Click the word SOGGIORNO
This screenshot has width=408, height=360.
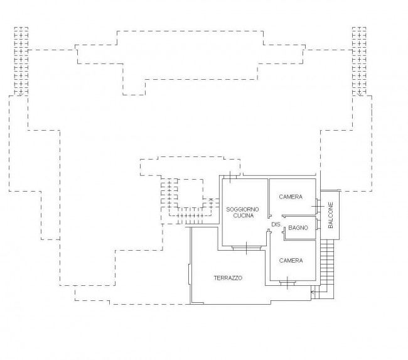click(x=242, y=209)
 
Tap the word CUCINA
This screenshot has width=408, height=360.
click(x=243, y=215)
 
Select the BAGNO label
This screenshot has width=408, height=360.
click(x=298, y=227)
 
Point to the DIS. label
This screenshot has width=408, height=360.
click(x=276, y=224)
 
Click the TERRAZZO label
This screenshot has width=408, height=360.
click(x=228, y=278)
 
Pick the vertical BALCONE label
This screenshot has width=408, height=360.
click(x=330, y=215)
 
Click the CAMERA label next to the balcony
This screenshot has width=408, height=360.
click(x=291, y=197)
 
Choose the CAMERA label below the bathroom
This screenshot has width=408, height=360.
click(x=291, y=261)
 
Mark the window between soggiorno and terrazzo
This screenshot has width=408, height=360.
click(x=247, y=248)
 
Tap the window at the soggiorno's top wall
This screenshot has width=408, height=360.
click(x=230, y=177)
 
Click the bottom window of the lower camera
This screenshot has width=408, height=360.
click(x=287, y=282)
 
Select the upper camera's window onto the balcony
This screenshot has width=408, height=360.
click(x=318, y=206)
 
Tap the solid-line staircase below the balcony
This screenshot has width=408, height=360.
click(x=325, y=269)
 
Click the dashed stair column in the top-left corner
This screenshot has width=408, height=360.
click(x=21, y=61)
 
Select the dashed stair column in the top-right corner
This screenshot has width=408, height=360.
click(x=359, y=61)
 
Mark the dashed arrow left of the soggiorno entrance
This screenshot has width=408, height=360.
click(x=211, y=203)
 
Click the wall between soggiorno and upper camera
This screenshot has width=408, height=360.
click(x=269, y=198)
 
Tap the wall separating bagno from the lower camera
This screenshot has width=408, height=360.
click(x=300, y=239)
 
